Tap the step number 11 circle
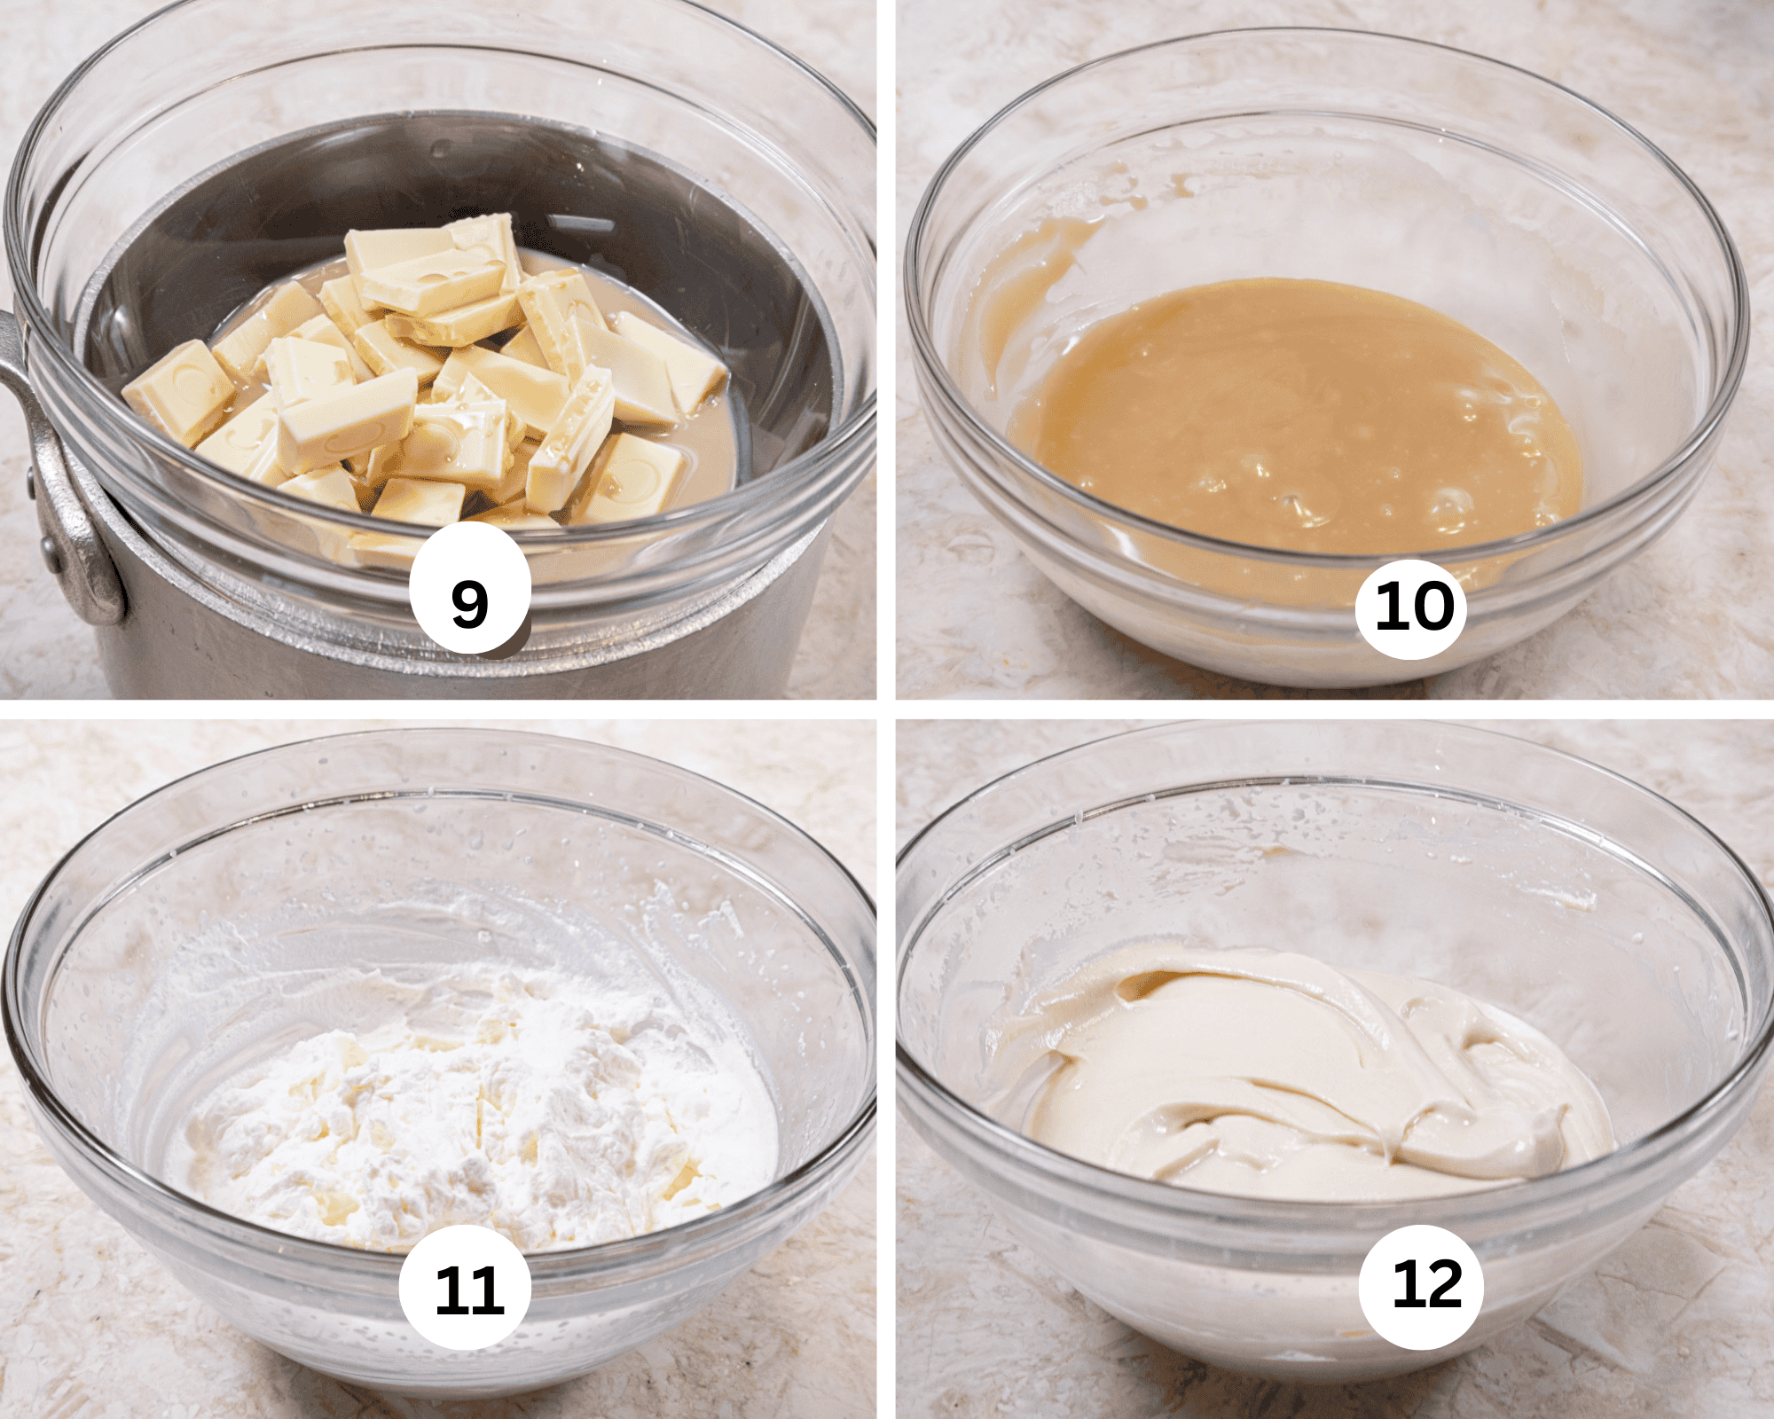(466, 1288)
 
